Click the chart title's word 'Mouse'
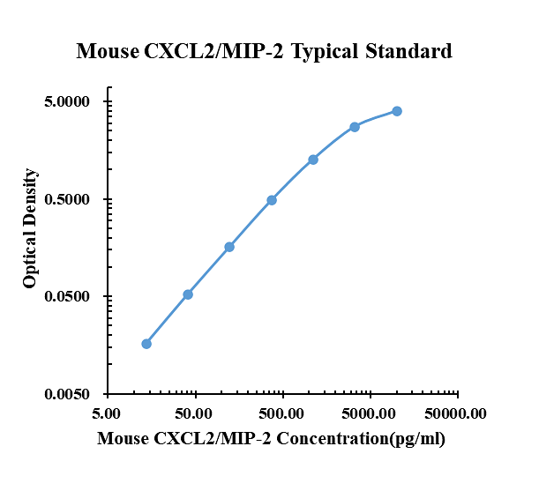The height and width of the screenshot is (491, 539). pos(107,51)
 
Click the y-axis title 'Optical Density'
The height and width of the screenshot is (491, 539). pos(30,228)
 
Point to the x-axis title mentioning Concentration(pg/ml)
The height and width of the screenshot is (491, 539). pos(271,438)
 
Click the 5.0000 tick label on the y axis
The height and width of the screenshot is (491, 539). pos(69,102)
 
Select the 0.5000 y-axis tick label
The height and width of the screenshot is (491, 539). pos(69,199)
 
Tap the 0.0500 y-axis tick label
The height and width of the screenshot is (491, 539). pos(69,297)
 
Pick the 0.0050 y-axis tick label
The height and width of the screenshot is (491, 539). pos(69,394)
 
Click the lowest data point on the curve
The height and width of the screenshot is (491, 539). pos(146,344)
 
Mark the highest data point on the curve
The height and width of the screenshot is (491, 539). pos(397,111)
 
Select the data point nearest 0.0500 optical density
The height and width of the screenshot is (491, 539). pos(188,294)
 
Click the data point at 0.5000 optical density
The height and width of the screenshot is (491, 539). pos(272,200)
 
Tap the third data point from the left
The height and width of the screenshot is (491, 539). pos(229,247)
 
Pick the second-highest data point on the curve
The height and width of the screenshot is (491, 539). pos(355,127)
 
